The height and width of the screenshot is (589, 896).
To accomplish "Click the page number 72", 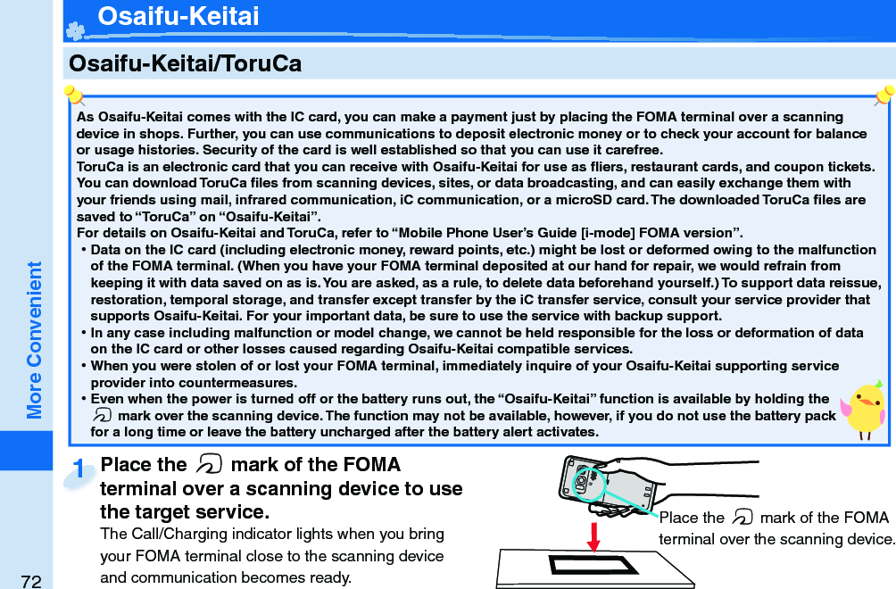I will pyautogui.click(x=31, y=581).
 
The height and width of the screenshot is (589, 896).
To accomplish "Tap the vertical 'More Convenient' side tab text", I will pyautogui.click(x=35, y=340).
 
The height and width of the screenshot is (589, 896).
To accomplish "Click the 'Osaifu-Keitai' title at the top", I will pyautogui.click(x=178, y=16).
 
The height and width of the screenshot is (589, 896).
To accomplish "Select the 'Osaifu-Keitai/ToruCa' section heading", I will pyautogui.click(x=185, y=63).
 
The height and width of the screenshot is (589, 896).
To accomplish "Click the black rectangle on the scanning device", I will pyautogui.click(x=593, y=565).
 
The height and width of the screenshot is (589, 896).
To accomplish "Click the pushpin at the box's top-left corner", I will pyautogui.click(x=74, y=95).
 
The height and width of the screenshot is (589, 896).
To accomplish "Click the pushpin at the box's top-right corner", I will pyautogui.click(x=884, y=95).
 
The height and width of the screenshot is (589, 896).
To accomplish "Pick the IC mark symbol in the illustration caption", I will pyautogui.click(x=742, y=518).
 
